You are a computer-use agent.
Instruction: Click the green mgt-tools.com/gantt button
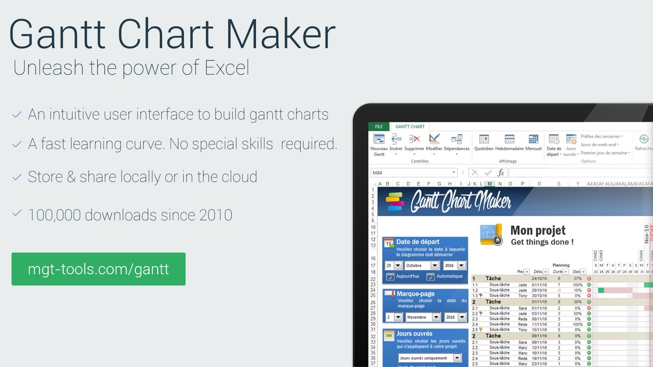tap(98, 269)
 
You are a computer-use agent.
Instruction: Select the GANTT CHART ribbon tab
tap(410, 127)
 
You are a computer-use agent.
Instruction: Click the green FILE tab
tap(379, 127)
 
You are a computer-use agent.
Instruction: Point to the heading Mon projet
tap(538, 230)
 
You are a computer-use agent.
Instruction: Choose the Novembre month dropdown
tap(422, 317)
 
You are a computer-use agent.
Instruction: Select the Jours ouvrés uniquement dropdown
tap(430, 358)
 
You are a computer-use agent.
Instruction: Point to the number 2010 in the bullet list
tap(215, 215)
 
